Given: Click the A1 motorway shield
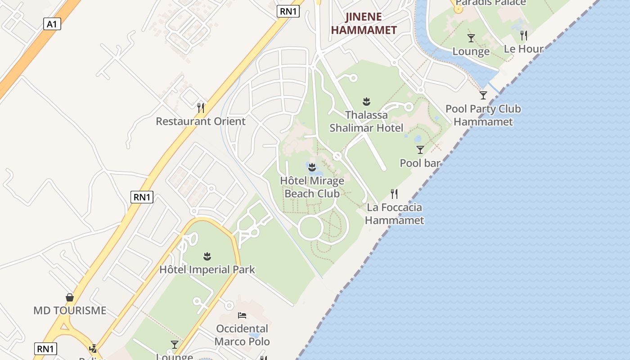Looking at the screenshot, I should (52, 24).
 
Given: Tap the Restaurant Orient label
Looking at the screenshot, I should (201, 121).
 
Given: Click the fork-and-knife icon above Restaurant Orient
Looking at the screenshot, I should (201, 108).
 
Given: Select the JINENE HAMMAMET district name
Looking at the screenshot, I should (364, 24).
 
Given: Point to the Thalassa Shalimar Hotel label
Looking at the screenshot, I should (366, 121).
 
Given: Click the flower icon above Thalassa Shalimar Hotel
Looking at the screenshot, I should (366, 101).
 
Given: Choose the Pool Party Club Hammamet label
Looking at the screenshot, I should (483, 115).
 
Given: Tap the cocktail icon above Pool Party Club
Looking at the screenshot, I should (483, 95).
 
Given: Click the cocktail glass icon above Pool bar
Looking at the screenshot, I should (420, 149).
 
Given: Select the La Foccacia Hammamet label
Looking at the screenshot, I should (394, 214).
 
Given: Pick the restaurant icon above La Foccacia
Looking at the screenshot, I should (394, 193).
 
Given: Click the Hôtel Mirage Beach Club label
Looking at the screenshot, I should (312, 187).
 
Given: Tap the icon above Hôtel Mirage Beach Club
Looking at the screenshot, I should (312, 167).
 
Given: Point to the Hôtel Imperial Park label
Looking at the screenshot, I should (207, 270).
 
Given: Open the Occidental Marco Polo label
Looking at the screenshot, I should (242, 335).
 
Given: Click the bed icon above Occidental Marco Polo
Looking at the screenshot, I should (242, 315).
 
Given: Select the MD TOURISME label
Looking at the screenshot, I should (70, 310).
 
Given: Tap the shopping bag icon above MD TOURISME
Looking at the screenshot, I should (70, 297).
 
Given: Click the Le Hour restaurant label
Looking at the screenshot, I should (523, 49).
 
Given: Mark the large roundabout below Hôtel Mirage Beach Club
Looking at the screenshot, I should (311, 228).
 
